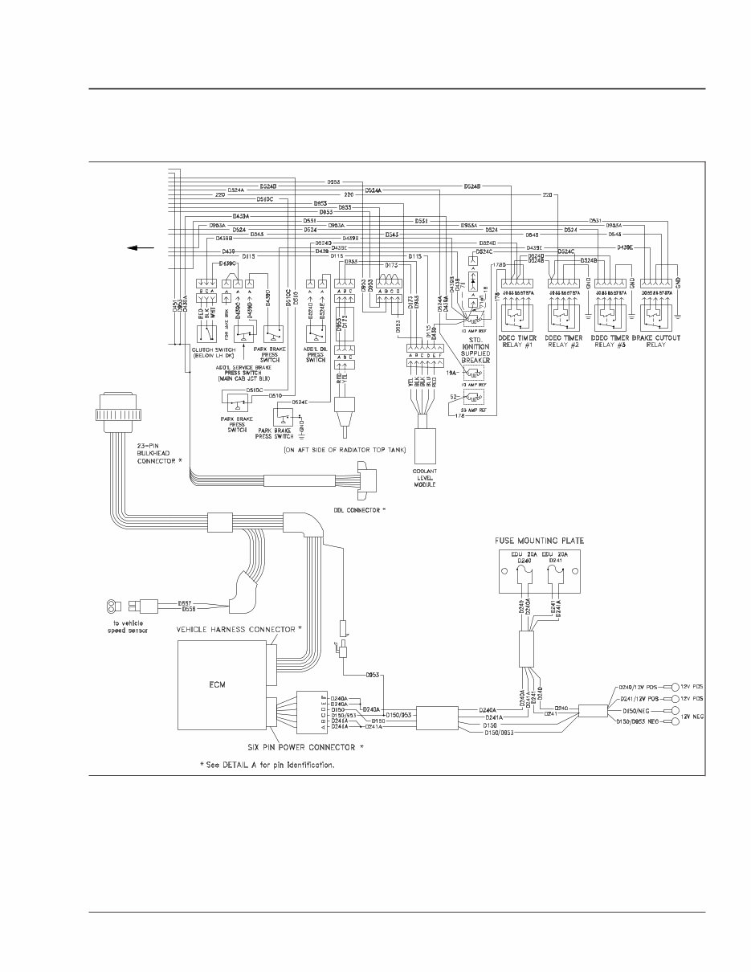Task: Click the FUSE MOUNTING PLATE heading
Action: (x=537, y=541)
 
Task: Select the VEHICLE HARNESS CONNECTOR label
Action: (x=239, y=629)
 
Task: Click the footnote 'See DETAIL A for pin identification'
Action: (x=267, y=765)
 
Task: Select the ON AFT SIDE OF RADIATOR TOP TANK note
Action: (x=345, y=450)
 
